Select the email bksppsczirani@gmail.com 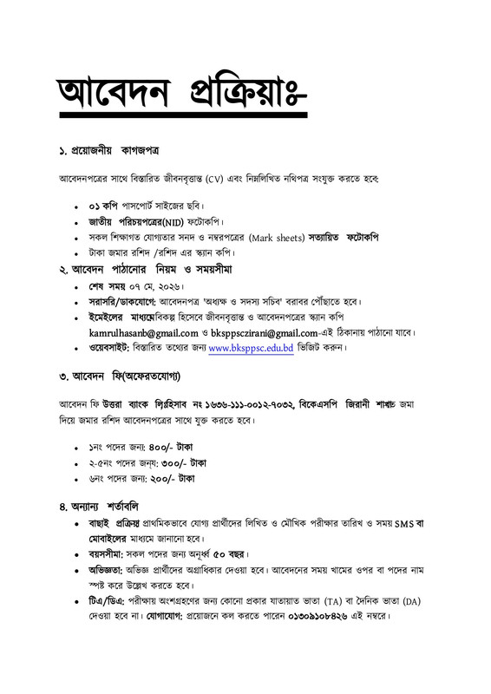click(276, 333)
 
